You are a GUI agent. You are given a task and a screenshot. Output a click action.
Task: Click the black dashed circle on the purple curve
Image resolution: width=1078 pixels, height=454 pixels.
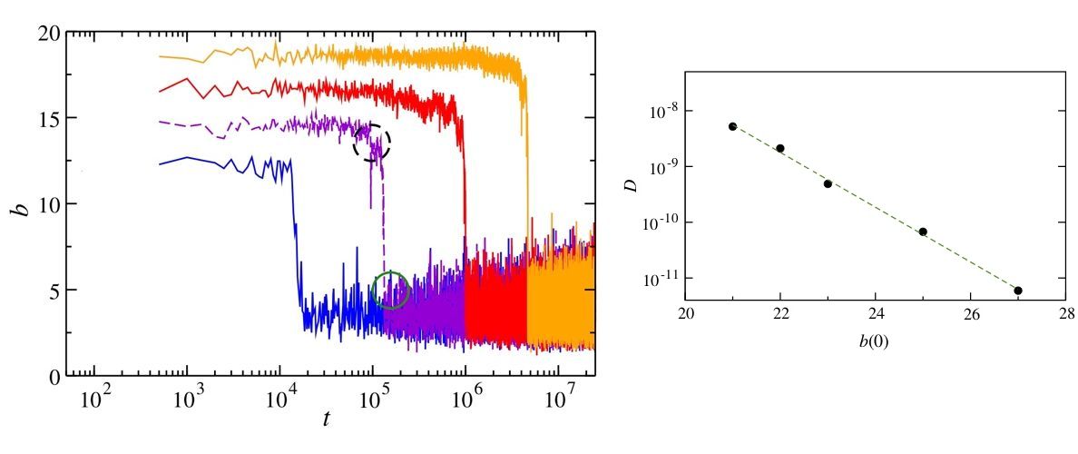tap(372, 143)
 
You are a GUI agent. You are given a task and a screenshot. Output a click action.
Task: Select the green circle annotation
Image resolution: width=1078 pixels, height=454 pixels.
tap(392, 291)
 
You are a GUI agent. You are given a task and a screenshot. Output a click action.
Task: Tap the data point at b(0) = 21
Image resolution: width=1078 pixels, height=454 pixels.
tap(732, 126)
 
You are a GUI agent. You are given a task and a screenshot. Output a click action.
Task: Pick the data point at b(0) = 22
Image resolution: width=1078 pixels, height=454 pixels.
tap(780, 148)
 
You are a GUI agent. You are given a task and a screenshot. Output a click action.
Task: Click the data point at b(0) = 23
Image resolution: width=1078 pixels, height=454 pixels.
tap(828, 183)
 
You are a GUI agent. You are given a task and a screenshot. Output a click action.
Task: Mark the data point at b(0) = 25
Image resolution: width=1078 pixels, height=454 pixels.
tap(923, 232)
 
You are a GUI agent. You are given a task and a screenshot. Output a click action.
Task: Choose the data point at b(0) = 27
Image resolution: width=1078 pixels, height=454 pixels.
tap(1018, 291)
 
